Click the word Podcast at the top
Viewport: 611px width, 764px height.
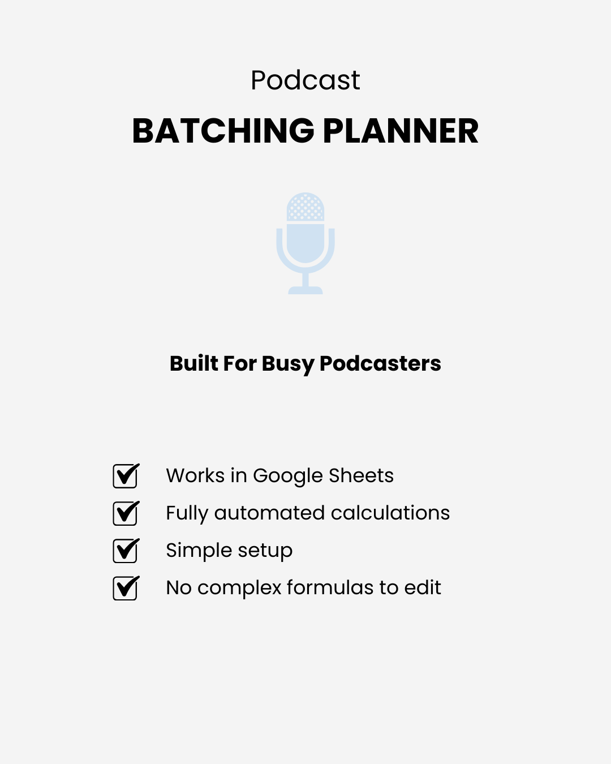(x=305, y=80)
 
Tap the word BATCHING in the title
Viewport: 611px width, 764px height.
(x=223, y=131)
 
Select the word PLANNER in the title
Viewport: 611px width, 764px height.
(x=401, y=131)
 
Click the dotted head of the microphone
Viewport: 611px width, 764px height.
(x=305, y=207)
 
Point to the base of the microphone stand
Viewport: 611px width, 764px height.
(x=305, y=290)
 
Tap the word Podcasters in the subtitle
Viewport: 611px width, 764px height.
(x=380, y=363)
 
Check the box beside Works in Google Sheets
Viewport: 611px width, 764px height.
(x=125, y=476)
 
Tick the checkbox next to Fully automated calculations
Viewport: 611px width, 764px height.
(x=125, y=513)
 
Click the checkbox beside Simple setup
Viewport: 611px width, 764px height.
(x=125, y=551)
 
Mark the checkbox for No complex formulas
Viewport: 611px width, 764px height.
(x=125, y=588)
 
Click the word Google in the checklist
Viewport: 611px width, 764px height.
(x=287, y=477)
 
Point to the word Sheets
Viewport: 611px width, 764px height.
(x=361, y=475)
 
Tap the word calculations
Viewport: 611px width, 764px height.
(x=390, y=513)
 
